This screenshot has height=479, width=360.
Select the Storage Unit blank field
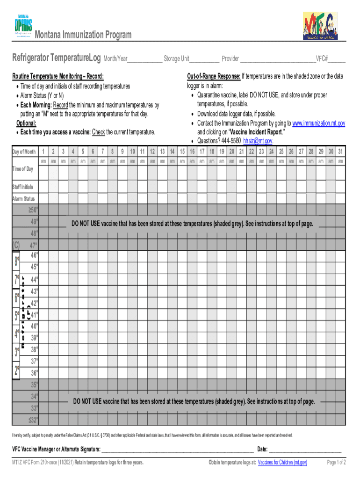pyautogui.click(x=204, y=59)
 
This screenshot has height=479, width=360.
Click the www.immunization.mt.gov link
pyautogui.click(x=318, y=123)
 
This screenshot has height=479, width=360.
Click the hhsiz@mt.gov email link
pyautogui.click(x=258, y=141)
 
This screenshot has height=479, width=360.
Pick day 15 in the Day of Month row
pyautogui.click(x=182, y=152)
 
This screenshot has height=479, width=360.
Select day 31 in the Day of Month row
pyautogui.click(x=340, y=152)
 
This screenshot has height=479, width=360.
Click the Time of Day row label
pyautogui.click(x=22, y=169)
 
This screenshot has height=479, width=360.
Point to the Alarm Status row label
pyautogui.click(x=23, y=199)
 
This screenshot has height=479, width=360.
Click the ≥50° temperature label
pyautogui.click(x=33, y=210)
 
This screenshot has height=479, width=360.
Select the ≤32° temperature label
pyautogui.click(x=33, y=420)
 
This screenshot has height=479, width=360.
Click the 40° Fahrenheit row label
pyautogui.click(x=35, y=326)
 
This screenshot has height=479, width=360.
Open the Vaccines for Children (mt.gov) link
pyautogui.click(x=282, y=463)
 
